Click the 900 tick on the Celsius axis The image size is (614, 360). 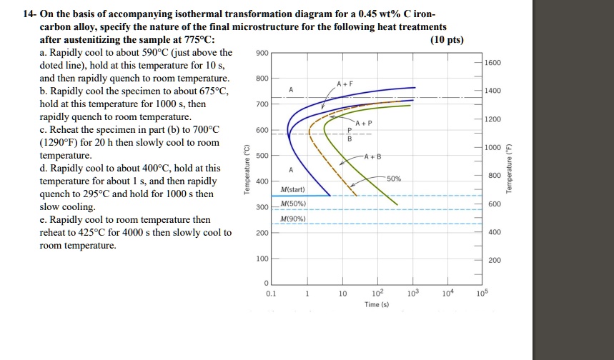[x=262, y=53]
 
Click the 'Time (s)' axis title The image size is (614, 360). [x=377, y=304]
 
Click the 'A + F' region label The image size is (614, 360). [x=346, y=84]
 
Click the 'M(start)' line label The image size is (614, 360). [x=294, y=189]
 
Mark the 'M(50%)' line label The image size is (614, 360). [x=294, y=204]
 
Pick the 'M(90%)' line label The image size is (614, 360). [x=294, y=219]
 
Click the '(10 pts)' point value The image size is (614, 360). [x=447, y=39]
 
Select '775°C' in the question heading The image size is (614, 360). [x=193, y=39]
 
